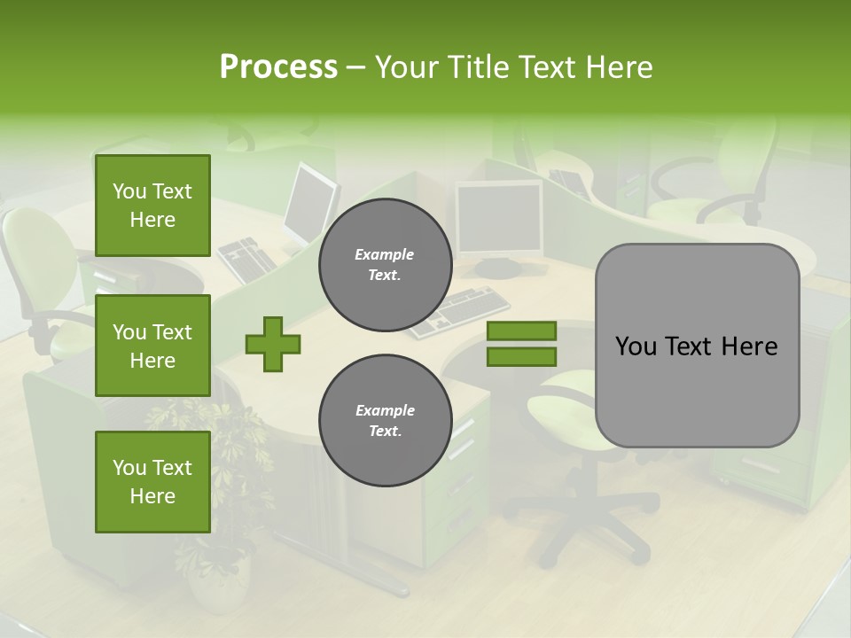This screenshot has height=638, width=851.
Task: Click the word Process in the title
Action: [278, 67]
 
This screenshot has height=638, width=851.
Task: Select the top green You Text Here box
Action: [152, 206]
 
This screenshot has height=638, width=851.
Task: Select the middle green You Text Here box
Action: [152, 346]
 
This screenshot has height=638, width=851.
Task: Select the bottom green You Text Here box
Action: [152, 481]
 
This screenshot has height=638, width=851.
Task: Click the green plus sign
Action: [273, 344]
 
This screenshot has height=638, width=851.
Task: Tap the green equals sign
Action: [521, 344]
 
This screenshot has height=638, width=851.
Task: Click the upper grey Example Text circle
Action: [385, 265]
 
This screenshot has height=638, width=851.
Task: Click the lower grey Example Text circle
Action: [385, 420]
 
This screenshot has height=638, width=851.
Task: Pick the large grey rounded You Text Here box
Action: [697, 346]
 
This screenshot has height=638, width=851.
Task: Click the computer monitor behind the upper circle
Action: [498, 218]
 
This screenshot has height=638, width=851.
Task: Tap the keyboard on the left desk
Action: [249, 258]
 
